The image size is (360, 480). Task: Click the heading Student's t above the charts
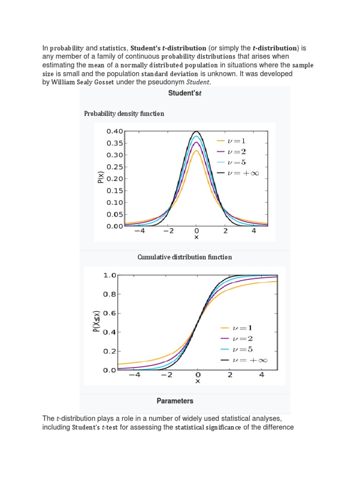(184, 93)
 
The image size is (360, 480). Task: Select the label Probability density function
(124, 113)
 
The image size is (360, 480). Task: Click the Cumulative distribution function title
(184, 257)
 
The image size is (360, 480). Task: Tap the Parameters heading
(175, 401)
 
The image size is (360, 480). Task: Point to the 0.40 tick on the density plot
(114, 131)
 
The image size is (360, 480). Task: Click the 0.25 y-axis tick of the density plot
(114, 167)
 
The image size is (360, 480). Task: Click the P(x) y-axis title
(101, 179)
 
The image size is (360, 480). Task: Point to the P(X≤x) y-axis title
(96, 322)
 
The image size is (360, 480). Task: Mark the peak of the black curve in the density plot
(196, 131)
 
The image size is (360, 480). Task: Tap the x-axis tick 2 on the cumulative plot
(230, 375)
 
